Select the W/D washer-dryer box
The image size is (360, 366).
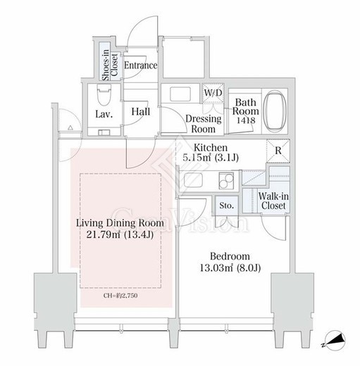(x=213, y=93)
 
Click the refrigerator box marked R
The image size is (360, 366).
(x=278, y=151)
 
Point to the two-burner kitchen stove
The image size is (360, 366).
(x=226, y=181)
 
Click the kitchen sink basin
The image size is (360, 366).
(x=193, y=180)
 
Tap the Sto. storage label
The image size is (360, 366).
(x=227, y=206)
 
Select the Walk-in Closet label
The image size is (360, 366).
(x=273, y=201)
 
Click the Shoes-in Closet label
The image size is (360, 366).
(x=110, y=65)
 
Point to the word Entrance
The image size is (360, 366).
(x=140, y=65)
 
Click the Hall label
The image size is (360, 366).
(x=141, y=112)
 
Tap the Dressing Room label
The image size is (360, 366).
(x=204, y=124)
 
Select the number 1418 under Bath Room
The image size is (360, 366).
(x=246, y=120)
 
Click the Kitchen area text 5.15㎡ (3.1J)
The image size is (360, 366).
(x=211, y=158)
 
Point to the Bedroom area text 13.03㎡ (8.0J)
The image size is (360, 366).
(x=230, y=267)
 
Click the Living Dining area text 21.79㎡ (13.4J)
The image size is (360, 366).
(x=120, y=234)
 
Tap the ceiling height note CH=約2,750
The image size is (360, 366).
(x=120, y=296)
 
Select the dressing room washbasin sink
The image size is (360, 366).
(x=180, y=94)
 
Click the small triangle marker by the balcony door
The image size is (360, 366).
(x=70, y=128)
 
